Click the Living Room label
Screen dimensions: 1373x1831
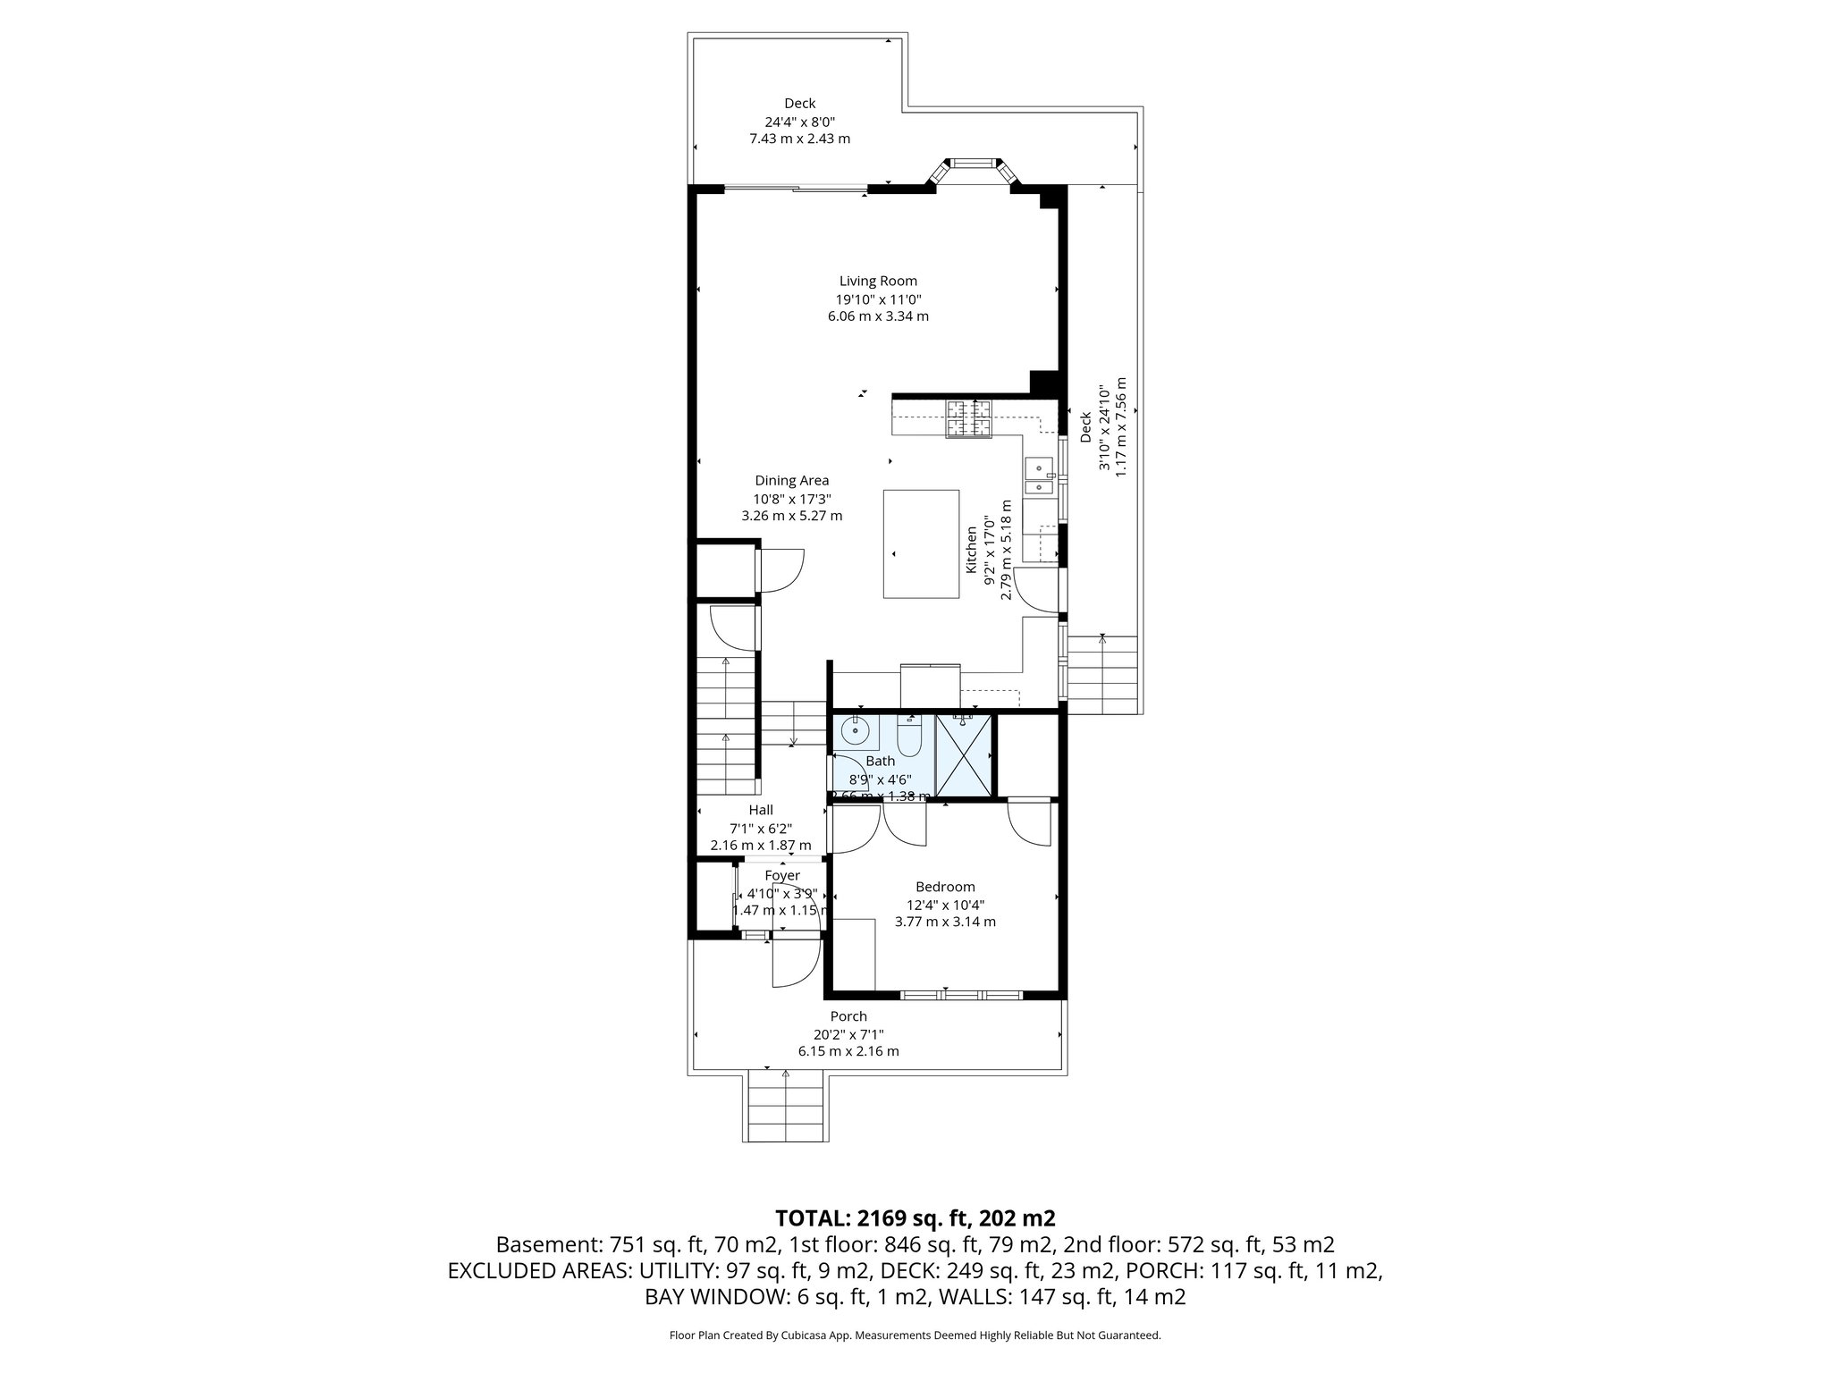pyautogui.click(x=878, y=281)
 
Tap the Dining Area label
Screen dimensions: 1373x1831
pyautogui.click(x=791, y=480)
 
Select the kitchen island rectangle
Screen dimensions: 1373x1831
pyautogui.click(x=921, y=543)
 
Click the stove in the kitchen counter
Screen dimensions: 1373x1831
pyautogui.click(x=970, y=419)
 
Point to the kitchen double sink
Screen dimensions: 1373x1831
pyautogui.click(x=1039, y=476)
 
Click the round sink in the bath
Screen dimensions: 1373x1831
pyautogui.click(x=856, y=731)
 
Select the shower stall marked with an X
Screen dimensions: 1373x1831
pyautogui.click(x=963, y=756)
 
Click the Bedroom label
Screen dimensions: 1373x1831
pyautogui.click(x=945, y=887)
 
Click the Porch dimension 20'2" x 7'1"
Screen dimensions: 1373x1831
pyautogui.click(x=848, y=1033)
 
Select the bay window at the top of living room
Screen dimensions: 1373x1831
pyautogui.click(x=973, y=164)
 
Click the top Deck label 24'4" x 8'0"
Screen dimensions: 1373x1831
pyautogui.click(x=799, y=122)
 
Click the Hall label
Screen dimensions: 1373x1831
pyautogui.click(x=761, y=810)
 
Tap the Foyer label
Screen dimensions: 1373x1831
pyautogui.click(x=782, y=875)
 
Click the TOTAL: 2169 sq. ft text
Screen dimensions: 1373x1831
pyautogui.click(x=915, y=1217)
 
